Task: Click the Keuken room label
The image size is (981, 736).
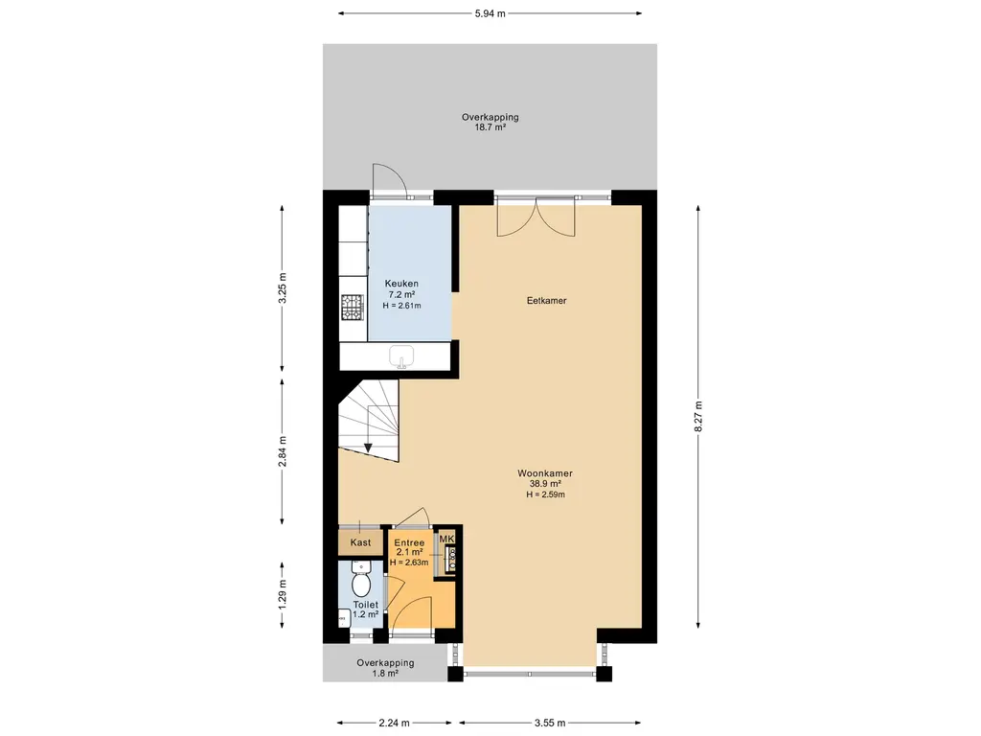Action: coord(401,284)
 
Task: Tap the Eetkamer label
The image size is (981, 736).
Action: coord(547,300)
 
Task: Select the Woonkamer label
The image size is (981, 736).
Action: coord(545,473)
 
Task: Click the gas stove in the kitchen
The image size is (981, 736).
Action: coord(352,307)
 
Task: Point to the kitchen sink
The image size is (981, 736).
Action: coord(401,356)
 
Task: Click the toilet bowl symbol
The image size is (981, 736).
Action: coord(361,580)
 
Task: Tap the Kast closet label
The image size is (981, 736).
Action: coord(360,542)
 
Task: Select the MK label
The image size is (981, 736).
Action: coord(446,539)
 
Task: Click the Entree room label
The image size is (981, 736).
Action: coord(409,542)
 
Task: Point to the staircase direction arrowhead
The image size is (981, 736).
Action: coord(368,447)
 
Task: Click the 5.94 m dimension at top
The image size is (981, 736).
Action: coord(490,13)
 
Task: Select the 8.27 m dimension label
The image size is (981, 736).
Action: coord(698,416)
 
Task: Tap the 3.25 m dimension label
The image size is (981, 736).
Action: coord(283,287)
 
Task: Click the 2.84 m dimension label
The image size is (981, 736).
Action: coord(283,451)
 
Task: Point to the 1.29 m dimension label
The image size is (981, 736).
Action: coord(283,594)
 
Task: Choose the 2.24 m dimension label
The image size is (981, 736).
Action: coord(394,723)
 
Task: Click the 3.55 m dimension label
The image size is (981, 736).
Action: coord(550,723)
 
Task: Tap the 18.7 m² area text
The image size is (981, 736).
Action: coord(490,127)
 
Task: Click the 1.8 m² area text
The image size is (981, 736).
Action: coord(385,674)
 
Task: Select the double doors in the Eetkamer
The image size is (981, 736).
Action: coord(536,217)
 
